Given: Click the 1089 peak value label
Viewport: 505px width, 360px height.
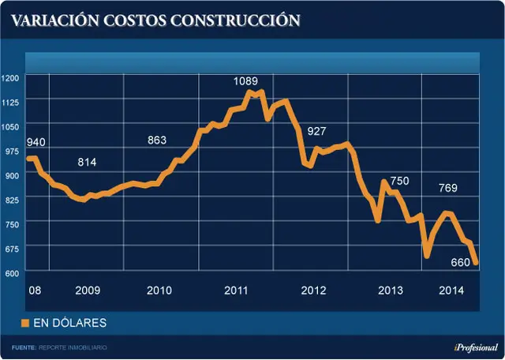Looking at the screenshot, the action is tap(245, 81).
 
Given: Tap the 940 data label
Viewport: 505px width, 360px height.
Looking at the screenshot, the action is tap(36, 142).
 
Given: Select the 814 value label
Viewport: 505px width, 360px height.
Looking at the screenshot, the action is tap(87, 162).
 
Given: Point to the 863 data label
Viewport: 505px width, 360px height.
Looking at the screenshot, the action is tap(157, 141).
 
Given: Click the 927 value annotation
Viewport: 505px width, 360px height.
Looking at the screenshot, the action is tap(316, 131).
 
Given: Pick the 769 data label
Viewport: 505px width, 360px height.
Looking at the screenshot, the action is tap(448, 188).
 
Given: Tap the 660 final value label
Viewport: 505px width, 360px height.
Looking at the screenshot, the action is tap(461, 263).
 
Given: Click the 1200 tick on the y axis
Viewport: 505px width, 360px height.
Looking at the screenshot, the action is tap(10, 78).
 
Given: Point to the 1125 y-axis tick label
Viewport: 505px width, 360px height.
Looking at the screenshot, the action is tap(10, 103).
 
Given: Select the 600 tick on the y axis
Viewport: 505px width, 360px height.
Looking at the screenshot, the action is tap(13, 273).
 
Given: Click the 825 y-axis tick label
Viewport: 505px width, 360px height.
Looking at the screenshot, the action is tap(13, 201).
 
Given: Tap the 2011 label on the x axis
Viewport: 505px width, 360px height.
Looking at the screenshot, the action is tap(236, 291).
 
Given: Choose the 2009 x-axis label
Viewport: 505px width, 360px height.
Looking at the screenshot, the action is tap(88, 291).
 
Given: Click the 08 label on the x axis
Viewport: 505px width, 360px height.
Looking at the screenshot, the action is tap(35, 291).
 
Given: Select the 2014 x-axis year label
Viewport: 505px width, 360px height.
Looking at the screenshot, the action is tap(451, 291).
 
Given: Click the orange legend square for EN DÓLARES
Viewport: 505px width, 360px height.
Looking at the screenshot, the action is tap(25, 323).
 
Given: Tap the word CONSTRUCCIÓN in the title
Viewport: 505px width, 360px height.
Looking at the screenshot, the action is tap(235, 21).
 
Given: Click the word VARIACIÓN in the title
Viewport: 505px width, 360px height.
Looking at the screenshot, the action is tap(55, 21).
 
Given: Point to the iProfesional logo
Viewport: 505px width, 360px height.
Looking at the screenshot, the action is tap(476, 347).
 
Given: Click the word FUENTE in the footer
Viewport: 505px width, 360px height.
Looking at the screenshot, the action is tap(24, 347).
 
